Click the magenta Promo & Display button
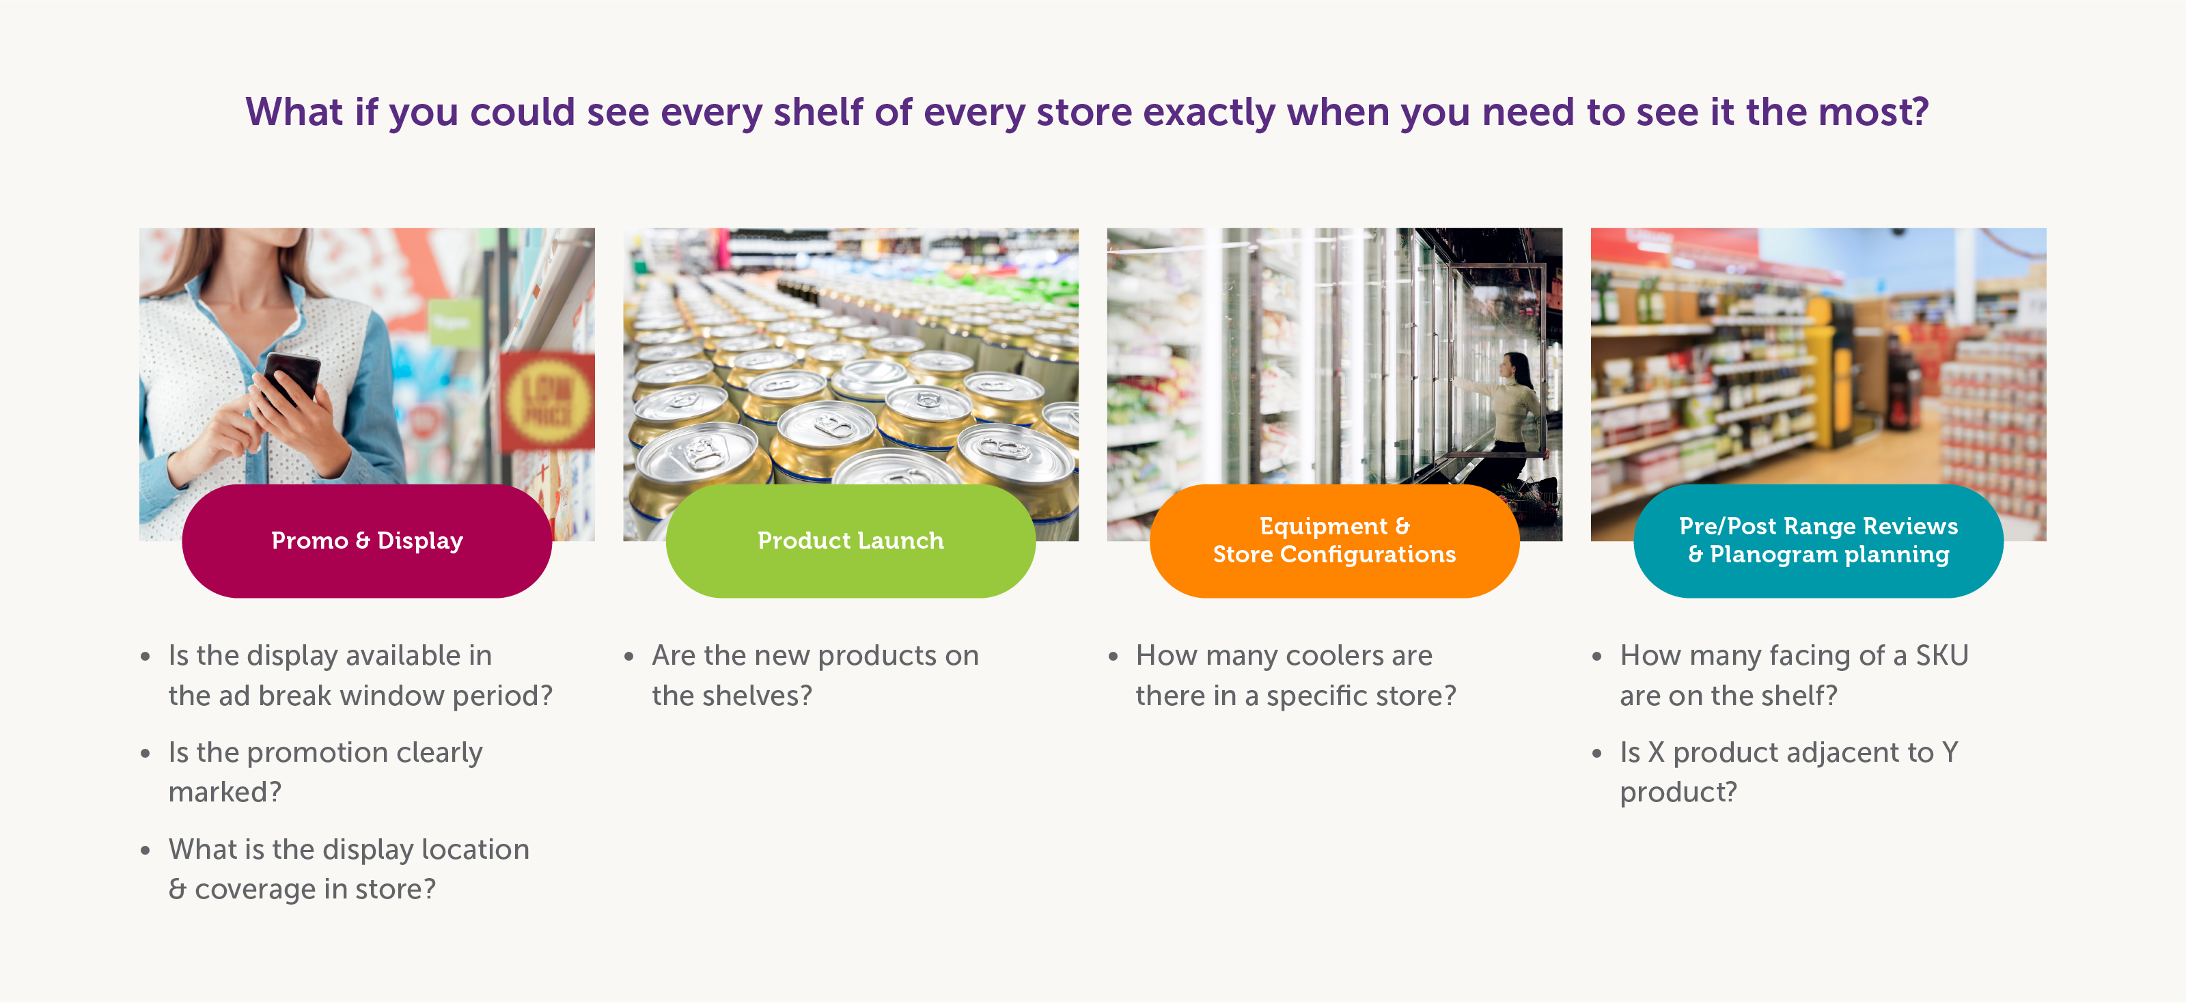367,540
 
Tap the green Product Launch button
850,540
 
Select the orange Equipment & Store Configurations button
1334,540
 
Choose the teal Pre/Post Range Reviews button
1818,540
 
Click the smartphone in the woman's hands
290,379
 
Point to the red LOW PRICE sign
547,400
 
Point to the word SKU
1941,655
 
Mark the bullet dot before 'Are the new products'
628,657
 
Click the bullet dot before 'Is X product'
1596,754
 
